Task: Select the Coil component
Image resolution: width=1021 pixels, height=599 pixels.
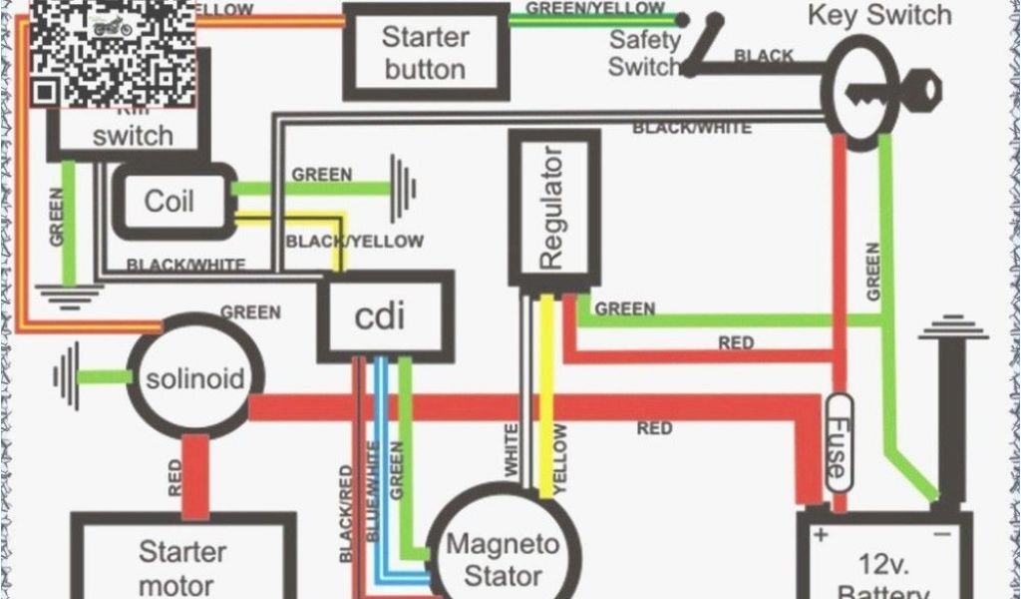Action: (x=170, y=202)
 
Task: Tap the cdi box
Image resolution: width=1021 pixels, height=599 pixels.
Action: (x=381, y=316)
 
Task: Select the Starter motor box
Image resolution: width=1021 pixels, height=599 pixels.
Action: (x=182, y=564)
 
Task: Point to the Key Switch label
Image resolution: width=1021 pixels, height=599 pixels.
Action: (x=879, y=16)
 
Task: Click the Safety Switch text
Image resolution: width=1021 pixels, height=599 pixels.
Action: (x=644, y=54)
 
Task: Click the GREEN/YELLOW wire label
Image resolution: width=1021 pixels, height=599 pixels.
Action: (x=594, y=8)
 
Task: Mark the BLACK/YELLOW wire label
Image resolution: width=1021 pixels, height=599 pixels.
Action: (x=355, y=241)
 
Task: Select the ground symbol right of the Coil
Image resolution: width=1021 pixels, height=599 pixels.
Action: (x=404, y=186)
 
